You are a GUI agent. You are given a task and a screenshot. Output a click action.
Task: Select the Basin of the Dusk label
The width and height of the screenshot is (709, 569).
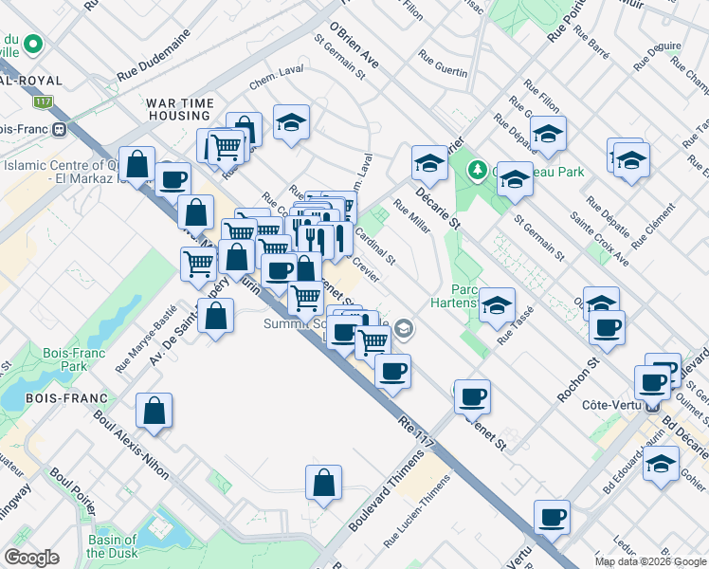tap(112, 546)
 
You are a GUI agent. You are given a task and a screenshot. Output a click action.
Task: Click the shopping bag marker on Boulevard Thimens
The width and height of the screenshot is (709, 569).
tap(324, 483)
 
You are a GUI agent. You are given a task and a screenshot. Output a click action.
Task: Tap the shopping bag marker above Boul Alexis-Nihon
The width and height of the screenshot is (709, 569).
tap(154, 412)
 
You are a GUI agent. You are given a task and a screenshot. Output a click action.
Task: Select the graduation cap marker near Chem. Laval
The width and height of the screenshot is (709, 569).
tap(292, 121)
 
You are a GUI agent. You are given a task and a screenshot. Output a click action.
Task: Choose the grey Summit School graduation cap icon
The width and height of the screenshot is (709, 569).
tap(404, 329)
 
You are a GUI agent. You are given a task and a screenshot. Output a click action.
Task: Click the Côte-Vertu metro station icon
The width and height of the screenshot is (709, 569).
tap(652, 407)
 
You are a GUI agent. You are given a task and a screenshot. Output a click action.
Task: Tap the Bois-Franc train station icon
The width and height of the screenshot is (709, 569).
tap(59, 129)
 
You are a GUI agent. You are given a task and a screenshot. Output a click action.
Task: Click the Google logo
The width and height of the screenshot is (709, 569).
tap(30, 558)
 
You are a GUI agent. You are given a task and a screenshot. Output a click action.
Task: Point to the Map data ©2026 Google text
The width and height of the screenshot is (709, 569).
tap(649, 561)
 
